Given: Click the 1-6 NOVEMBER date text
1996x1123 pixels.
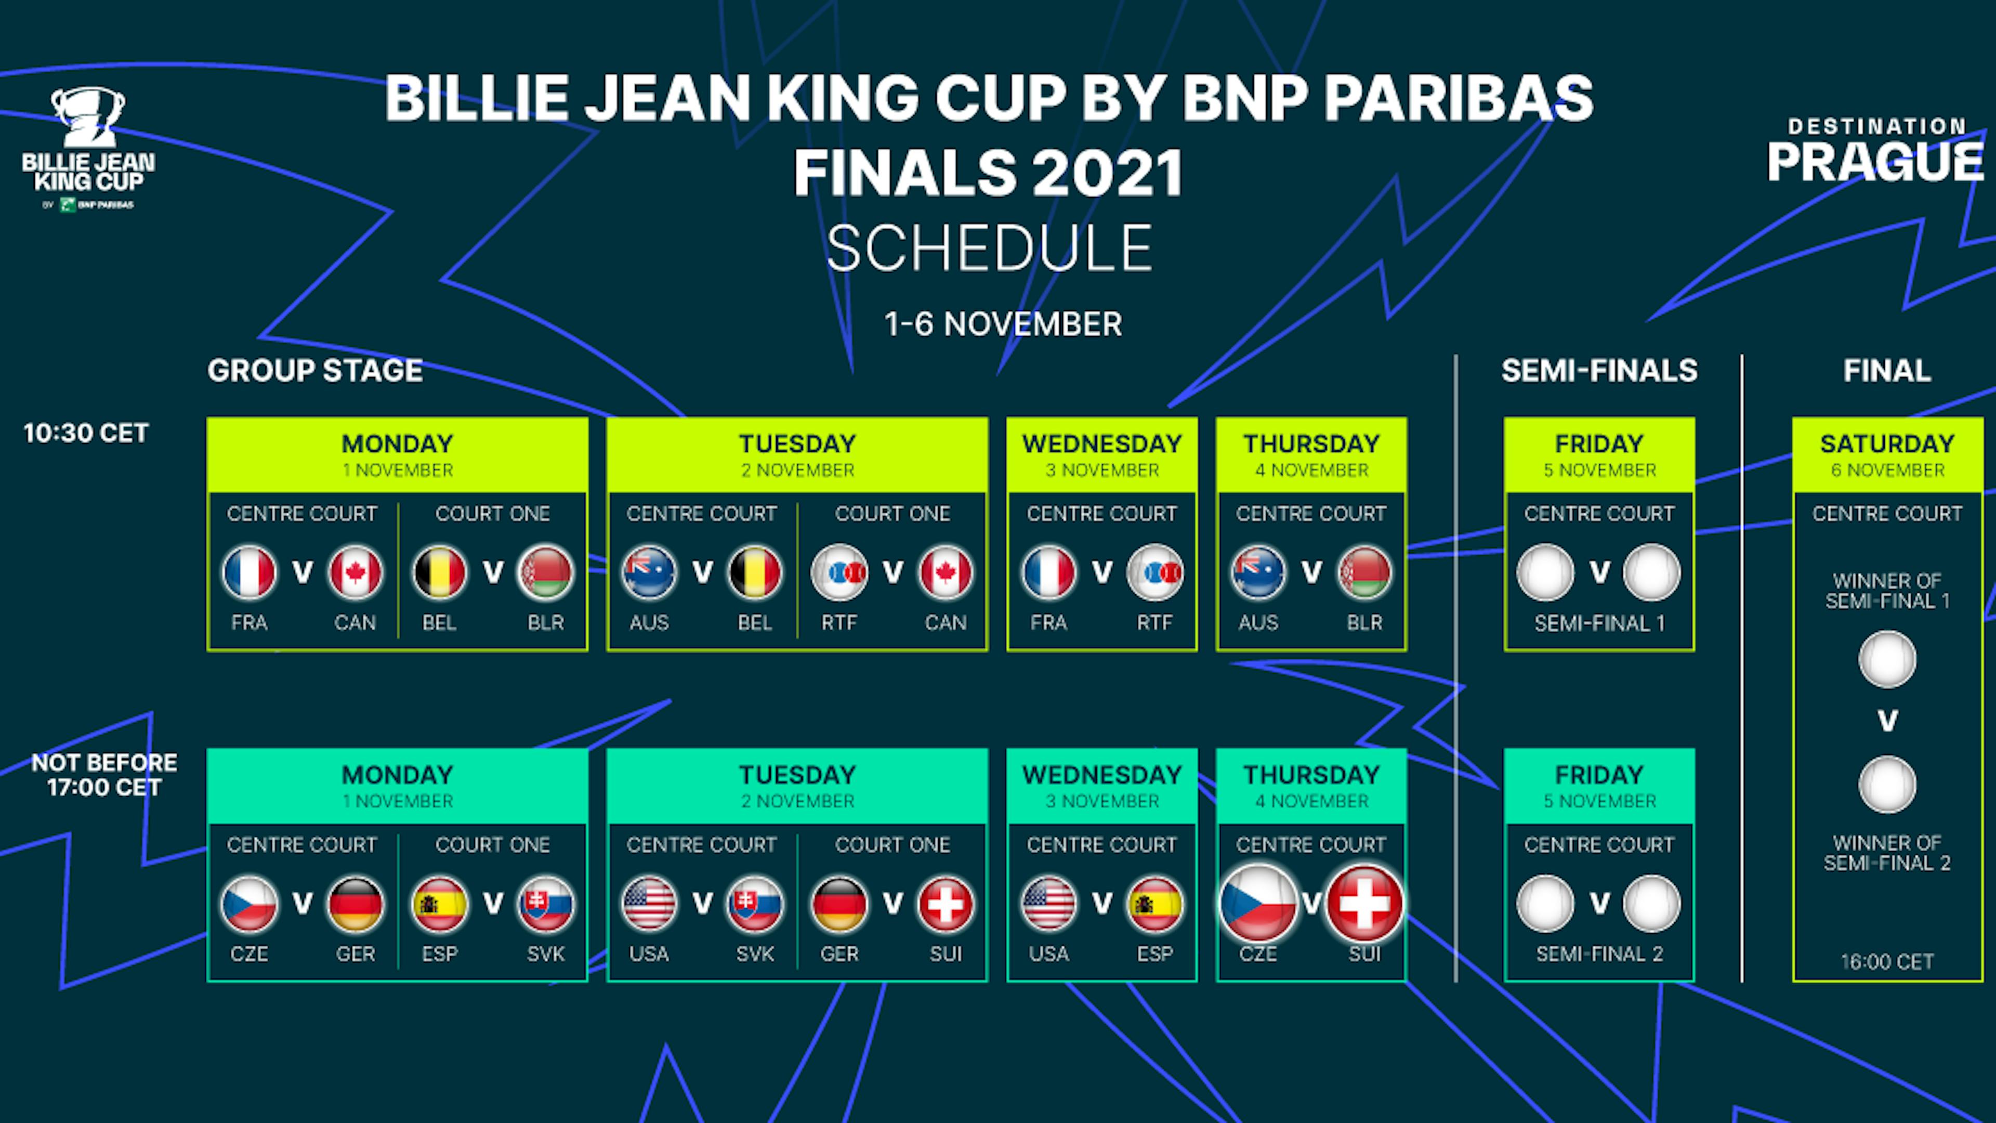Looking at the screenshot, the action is click(x=1003, y=324).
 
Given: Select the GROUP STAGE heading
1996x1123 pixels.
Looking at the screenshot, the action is click(x=314, y=371).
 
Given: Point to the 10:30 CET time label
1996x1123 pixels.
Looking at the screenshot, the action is click(x=85, y=433).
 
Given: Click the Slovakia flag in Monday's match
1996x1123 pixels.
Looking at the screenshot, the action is click(x=545, y=904).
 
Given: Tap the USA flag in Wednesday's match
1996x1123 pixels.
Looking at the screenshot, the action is click(x=1048, y=904).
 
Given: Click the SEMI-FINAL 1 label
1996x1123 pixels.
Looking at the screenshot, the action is click(x=1599, y=623).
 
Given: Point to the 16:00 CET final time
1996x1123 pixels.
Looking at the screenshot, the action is click(x=1887, y=962).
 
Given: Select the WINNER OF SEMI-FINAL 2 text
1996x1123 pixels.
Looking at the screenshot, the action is click(x=1887, y=853).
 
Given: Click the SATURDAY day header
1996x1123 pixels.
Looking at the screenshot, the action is click(x=1887, y=443).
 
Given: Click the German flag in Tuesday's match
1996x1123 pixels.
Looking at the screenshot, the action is click(x=839, y=904).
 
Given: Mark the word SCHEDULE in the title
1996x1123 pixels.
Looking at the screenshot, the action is click(x=990, y=249).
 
